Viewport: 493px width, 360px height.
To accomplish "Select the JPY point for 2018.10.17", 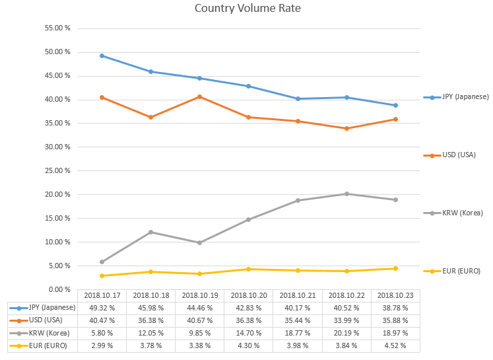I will click(x=102, y=55).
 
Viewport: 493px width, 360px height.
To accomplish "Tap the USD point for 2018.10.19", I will click(x=200, y=96).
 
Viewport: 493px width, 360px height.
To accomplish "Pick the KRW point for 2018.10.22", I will click(x=347, y=194).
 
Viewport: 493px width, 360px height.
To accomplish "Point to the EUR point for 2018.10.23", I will click(x=396, y=268).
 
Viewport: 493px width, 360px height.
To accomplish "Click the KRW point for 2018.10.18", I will click(x=150, y=232).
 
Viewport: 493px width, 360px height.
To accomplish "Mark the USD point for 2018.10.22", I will click(x=347, y=128).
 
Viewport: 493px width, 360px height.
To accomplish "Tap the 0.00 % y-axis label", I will click(x=59, y=289).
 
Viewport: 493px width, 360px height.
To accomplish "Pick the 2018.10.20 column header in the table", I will click(x=249, y=295).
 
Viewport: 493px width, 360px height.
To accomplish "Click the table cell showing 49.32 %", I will click(x=102, y=308).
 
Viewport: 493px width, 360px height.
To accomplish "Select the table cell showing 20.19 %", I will click(x=347, y=333).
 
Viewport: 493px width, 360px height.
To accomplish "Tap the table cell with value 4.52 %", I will click(x=396, y=345).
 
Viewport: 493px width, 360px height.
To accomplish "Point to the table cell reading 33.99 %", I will click(x=347, y=320).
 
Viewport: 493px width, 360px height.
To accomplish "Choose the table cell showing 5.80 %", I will click(x=102, y=333).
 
